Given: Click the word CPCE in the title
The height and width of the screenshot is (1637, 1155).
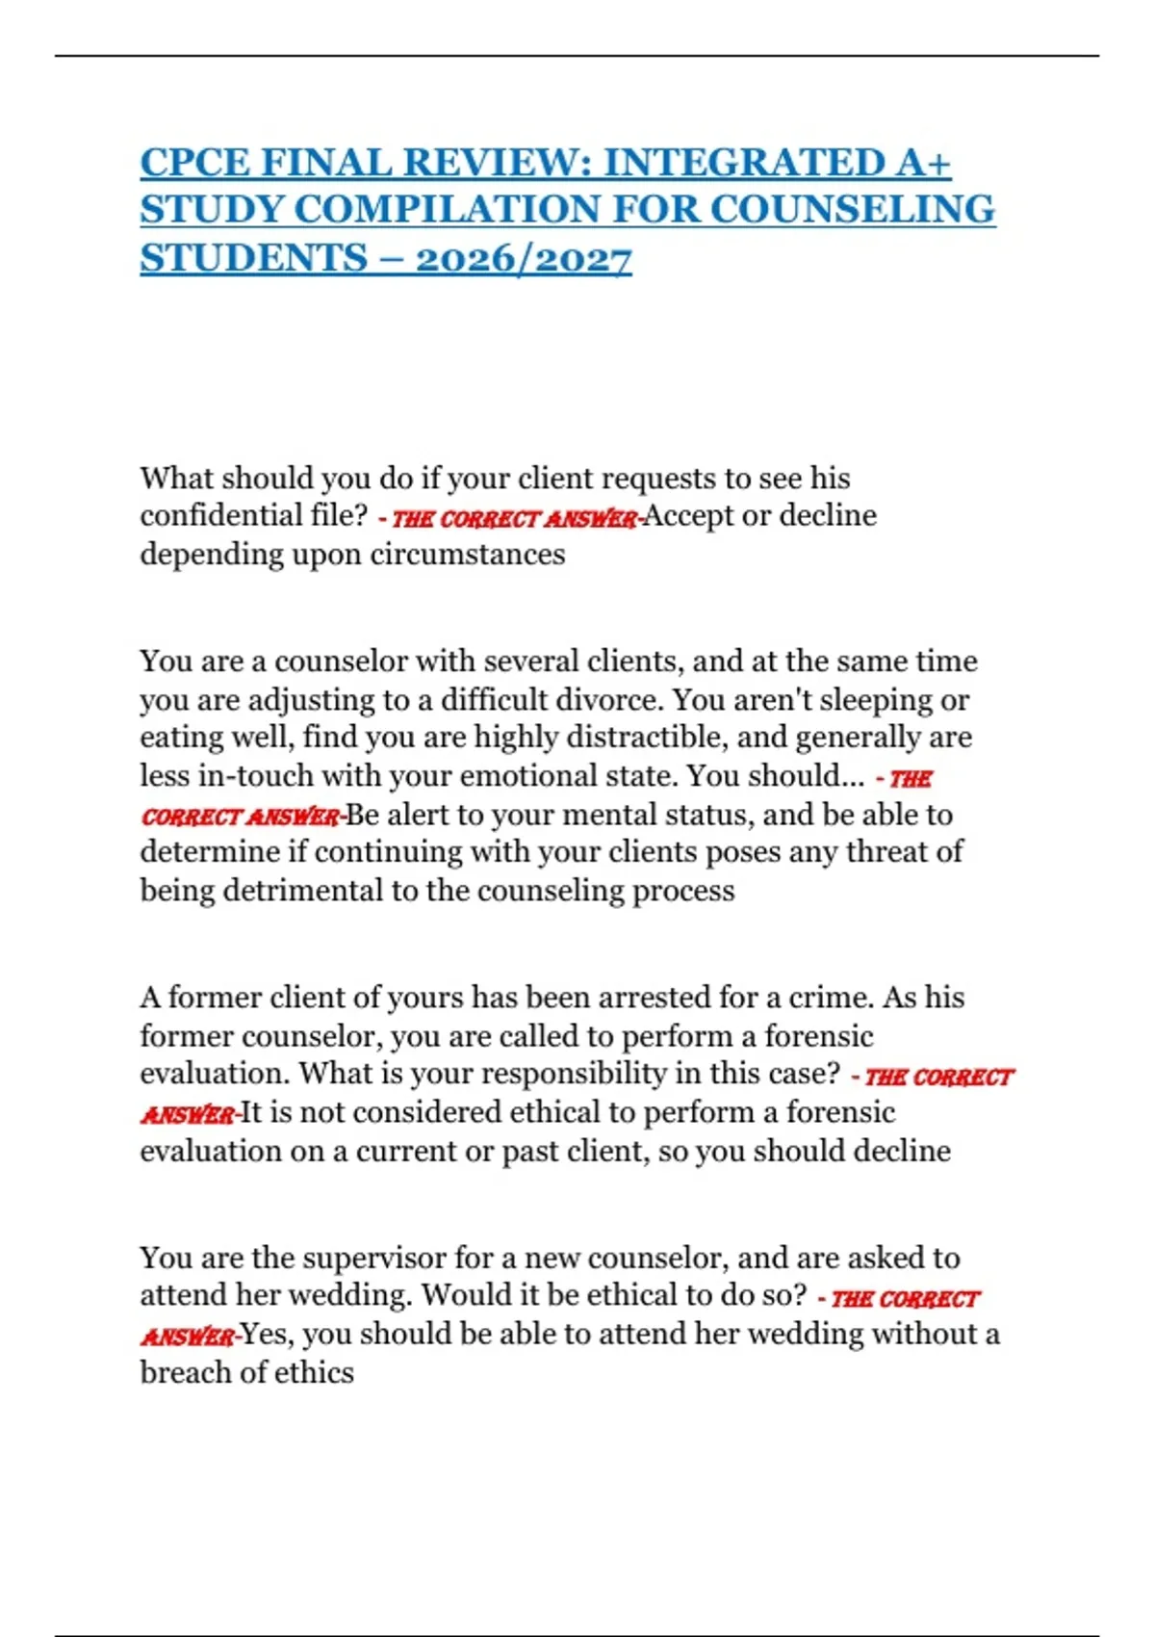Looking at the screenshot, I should [195, 163].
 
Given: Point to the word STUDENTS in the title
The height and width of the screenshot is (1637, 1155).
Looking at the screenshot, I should [252, 259].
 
